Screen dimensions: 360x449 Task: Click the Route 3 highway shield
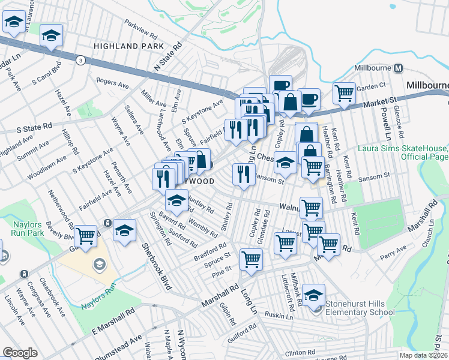tap(79, 59)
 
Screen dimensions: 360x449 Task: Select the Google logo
tap(20, 353)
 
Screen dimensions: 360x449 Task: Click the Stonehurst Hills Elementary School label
tap(360, 307)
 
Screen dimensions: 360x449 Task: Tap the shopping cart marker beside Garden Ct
tap(344, 93)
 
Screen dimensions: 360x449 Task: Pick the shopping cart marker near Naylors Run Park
tap(86, 235)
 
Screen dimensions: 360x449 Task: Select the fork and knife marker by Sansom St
tap(243, 175)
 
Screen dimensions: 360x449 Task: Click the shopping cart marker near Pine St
tap(251, 260)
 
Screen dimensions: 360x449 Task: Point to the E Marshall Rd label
tap(112, 323)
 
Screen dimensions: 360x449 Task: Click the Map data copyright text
tap(424, 355)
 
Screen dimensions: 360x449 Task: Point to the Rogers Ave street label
tap(112, 83)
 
